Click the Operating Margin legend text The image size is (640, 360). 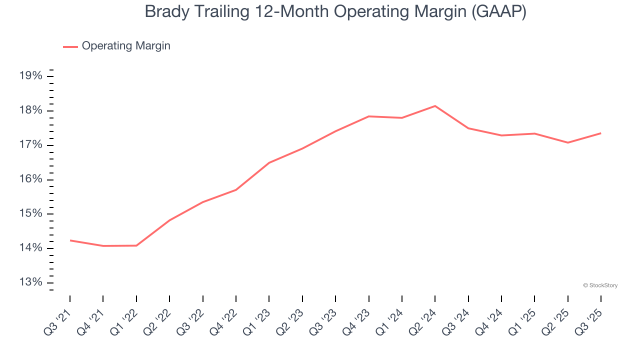coord(126,46)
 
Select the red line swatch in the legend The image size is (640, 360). coord(70,46)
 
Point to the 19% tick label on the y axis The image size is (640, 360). coord(30,76)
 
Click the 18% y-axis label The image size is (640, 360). coord(30,110)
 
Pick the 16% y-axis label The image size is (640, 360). coord(30,179)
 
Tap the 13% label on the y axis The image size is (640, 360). coord(30,282)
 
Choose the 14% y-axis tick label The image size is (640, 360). coord(30,248)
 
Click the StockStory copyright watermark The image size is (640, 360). coord(600,285)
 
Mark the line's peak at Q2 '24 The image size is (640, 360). coord(435,106)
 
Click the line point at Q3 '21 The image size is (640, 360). coord(70,240)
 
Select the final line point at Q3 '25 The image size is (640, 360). coord(600,133)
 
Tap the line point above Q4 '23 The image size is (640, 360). coord(368,116)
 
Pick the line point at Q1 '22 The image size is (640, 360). coord(136,245)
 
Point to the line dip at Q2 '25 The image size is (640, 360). coord(567,142)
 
